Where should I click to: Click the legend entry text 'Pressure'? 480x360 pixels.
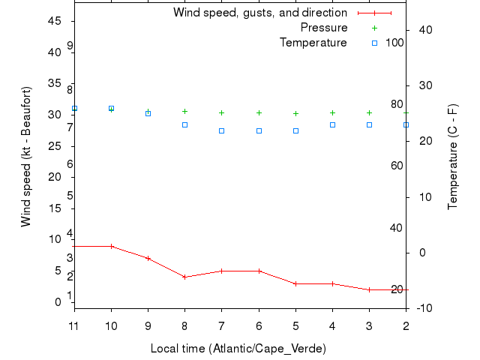323,28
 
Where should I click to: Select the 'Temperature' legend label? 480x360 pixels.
313,43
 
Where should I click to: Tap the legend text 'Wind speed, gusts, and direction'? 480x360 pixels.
259,13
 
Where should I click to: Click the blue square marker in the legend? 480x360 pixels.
375,43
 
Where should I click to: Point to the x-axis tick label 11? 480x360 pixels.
73,325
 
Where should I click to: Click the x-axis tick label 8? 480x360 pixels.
184,325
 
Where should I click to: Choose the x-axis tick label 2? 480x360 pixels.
406,325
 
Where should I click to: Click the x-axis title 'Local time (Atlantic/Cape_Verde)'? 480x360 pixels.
238,349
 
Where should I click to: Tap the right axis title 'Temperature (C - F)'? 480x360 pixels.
453,157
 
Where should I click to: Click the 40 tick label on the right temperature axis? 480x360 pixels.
423,29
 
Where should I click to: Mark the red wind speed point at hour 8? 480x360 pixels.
184,277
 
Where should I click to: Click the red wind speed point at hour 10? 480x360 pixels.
111,246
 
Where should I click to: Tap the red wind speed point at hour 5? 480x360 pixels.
295,283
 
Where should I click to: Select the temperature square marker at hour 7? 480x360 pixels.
221,130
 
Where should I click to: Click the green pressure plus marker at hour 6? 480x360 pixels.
259,112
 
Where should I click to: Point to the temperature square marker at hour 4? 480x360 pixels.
332,124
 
